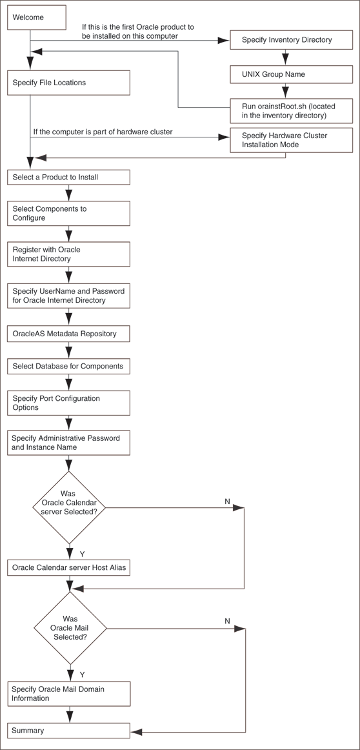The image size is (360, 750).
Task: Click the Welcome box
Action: (x=37, y=18)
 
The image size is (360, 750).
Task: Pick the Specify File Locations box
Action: (x=68, y=83)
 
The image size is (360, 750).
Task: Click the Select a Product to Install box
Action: (x=68, y=177)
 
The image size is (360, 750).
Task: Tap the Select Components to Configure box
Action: (x=68, y=214)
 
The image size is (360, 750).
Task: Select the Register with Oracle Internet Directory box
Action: (x=68, y=254)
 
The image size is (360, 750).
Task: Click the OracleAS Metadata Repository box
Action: (x=68, y=334)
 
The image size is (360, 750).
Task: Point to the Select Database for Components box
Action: (x=68, y=367)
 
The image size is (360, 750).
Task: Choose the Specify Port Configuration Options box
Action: (x=68, y=403)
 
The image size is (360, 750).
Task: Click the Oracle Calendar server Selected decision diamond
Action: (x=69, y=507)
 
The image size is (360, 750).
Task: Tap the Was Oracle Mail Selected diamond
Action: (x=69, y=628)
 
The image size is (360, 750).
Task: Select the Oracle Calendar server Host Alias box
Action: (x=68, y=568)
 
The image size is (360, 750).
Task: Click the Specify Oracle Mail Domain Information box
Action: (x=68, y=693)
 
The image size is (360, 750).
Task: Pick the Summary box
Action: (x=68, y=731)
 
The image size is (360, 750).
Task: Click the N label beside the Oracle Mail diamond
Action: (x=227, y=621)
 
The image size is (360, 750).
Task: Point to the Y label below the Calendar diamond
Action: (x=82, y=554)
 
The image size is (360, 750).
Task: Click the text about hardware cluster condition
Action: (x=103, y=132)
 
